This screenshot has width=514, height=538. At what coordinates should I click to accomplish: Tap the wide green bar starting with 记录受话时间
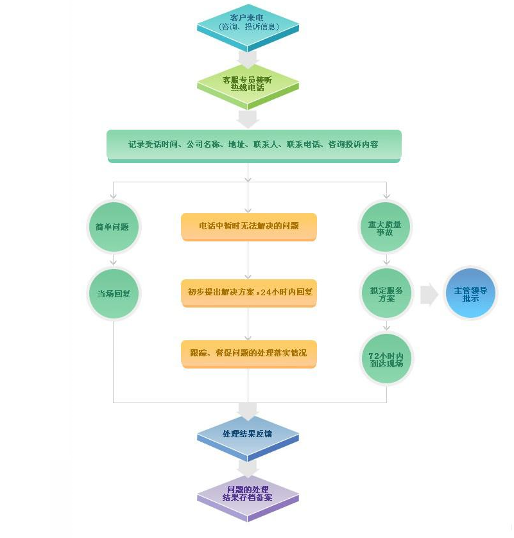[253, 145]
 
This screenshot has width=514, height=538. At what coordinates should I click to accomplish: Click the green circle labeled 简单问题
[113, 227]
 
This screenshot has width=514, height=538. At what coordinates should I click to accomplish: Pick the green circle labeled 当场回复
[113, 293]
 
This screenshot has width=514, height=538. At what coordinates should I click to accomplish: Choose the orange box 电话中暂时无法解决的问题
[248, 226]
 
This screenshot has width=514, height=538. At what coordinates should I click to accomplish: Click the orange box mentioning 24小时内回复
[248, 292]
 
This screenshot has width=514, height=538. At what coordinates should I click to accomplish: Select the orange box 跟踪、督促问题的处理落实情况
[248, 353]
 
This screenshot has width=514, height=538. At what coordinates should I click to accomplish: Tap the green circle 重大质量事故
[385, 227]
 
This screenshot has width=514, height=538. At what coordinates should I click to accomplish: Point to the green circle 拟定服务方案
[386, 294]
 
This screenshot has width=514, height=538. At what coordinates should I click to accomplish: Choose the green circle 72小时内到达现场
[386, 359]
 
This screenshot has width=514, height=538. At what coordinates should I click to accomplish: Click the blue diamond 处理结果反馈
[248, 435]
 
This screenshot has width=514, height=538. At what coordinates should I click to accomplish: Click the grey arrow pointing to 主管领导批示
[429, 295]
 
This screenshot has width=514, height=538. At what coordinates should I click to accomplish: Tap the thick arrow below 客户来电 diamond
[248, 58]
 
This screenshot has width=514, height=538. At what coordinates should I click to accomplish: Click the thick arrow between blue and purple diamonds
[248, 467]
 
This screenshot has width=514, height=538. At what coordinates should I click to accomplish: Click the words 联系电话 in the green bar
[304, 145]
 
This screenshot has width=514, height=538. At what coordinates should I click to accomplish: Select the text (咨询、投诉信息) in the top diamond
[247, 27]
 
